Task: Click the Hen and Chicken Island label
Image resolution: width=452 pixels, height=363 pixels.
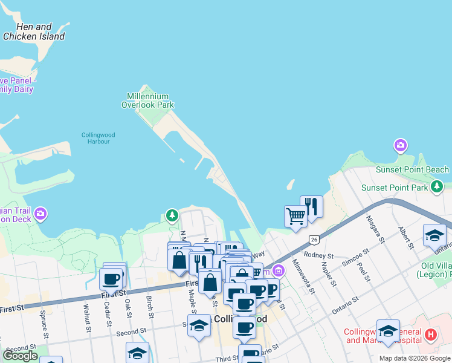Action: click(34, 31)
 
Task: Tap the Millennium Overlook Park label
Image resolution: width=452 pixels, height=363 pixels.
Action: click(150, 100)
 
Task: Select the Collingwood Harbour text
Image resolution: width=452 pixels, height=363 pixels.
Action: click(98, 138)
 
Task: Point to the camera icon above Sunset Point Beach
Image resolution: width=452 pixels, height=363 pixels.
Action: click(400, 145)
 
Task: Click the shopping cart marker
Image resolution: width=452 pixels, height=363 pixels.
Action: click(295, 216)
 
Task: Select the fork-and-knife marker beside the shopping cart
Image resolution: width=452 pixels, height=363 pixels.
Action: click(312, 206)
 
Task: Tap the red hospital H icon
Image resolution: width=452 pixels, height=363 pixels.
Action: click(430, 334)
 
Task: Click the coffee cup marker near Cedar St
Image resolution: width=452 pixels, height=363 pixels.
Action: click(111, 280)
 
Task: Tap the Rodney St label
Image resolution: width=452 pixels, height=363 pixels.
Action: click(319, 255)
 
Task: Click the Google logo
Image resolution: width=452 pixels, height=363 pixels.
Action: click(20, 356)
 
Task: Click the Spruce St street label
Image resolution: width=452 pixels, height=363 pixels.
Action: click(44, 324)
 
